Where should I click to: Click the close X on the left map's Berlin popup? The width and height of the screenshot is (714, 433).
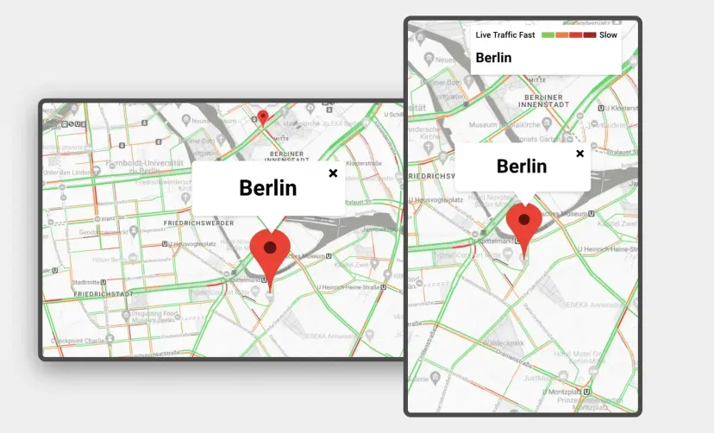tap(333, 173)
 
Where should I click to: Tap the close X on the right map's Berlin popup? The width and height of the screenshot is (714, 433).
tap(579, 154)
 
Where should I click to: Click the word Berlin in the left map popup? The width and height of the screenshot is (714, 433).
tap(267, 187)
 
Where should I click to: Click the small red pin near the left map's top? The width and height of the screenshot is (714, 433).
tap(263, 117)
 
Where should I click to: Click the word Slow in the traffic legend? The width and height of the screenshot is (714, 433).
tap(609, 35)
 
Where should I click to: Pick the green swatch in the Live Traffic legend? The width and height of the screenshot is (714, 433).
tap(547, 35)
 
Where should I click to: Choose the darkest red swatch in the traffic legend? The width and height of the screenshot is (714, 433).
tap(590, 35)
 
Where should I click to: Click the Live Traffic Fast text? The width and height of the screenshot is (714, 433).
tap(505, 35)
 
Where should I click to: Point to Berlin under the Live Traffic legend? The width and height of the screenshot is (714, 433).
tap(493, 58)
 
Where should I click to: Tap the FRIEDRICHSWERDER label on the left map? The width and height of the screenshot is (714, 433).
tap(191, 223)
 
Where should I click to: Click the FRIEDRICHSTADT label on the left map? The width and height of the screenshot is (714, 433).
tap(103, 294)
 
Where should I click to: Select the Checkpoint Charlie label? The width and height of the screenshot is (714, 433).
tap(83, 340)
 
